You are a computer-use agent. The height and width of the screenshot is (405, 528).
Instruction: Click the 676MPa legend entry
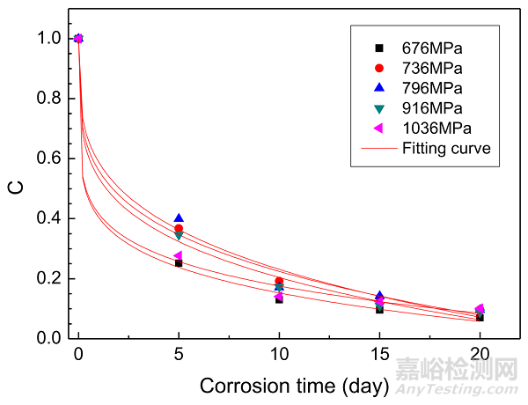pos(431,48)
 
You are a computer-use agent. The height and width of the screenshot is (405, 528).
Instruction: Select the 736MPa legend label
pos(431,68)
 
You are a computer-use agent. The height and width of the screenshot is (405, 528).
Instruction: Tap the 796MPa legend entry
pos(431,88)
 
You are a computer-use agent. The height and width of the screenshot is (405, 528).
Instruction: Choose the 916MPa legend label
pos(431,108)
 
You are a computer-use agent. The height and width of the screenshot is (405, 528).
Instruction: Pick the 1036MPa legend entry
pos(435,129)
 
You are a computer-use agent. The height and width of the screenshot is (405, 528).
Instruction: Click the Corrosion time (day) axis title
pos(290,386)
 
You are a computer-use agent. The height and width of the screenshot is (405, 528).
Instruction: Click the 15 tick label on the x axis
pos(378,357)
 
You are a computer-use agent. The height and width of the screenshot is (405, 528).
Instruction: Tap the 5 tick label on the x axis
pos(179,357)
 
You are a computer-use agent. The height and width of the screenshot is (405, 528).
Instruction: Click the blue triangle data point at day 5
pos(179,218)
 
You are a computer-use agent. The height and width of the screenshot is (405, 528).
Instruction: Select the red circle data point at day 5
pos(179,229)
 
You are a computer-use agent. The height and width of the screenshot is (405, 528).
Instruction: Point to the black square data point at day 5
pos(179,263)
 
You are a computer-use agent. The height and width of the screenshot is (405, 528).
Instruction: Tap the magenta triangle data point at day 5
pos(178,255)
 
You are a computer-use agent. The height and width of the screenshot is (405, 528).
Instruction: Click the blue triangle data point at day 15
pos(379,296)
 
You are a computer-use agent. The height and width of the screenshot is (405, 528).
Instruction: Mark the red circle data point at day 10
pos(279,282)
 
